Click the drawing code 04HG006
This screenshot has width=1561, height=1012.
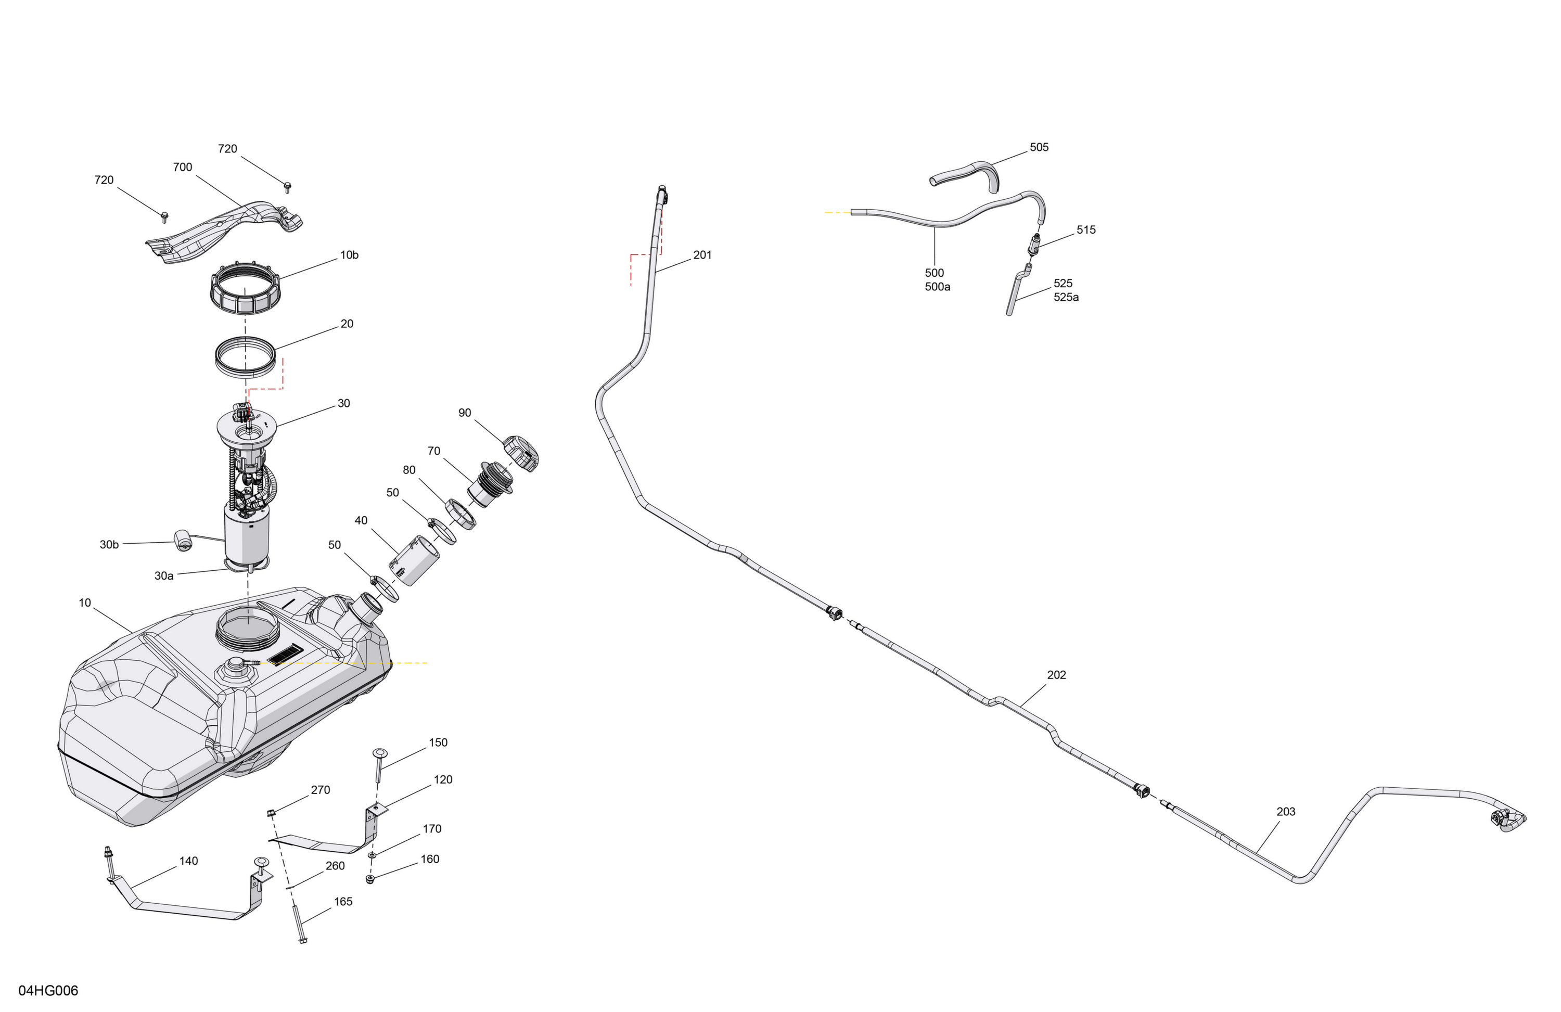click(48, 990)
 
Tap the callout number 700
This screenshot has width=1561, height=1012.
click(182, 167)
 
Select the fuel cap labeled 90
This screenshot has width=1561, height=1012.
click(521, 453)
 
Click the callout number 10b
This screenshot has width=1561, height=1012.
click(349, 255)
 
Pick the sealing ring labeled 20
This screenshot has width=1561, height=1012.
click(244, 357)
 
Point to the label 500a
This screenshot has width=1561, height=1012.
click(937, 287)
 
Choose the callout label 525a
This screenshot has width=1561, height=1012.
click(1066, 297)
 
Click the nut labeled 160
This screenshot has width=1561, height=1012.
click(370, 879)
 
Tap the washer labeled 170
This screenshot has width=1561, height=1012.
click(372, 855)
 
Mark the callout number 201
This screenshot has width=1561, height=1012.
click(702, 255)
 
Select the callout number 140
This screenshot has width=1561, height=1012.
click(188, 861)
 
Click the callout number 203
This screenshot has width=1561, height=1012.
click(1286, 812)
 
